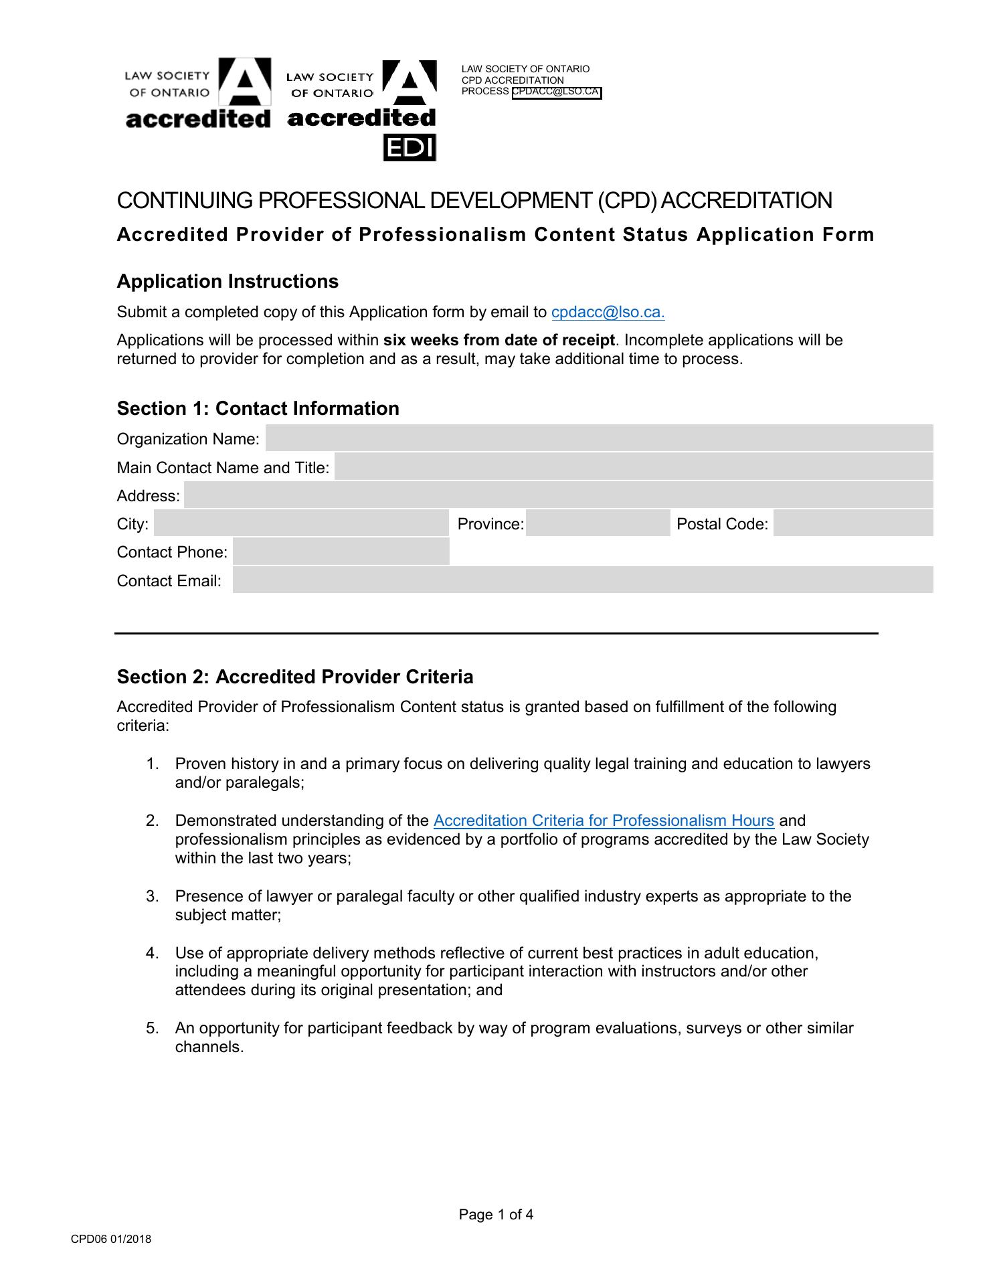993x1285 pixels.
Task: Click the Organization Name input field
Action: click(599, 438)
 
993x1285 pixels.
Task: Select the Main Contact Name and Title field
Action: click(633, 467)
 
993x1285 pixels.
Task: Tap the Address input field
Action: click(558, 495)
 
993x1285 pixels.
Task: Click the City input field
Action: click(301, 523)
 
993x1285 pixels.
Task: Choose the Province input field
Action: click(598, 523)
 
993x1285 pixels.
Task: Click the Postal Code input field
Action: click(852, 523)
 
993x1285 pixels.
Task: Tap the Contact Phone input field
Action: click(341, 551)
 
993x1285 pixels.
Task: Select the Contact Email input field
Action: click(582, 580)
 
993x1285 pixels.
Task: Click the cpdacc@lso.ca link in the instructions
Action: click(608, 313)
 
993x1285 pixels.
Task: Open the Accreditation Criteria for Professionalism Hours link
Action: click(604, 821)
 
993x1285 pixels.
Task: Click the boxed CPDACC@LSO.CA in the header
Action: click(557, 92)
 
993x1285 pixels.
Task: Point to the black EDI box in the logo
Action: click(409, 148)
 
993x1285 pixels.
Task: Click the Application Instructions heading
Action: click(228, 281)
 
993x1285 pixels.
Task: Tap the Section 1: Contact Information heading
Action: click(258, 408)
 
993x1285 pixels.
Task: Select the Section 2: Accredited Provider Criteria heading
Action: click(295, 677)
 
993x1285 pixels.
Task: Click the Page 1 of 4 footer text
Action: click(496, 1215)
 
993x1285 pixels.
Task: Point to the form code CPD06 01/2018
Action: click(111, 1239)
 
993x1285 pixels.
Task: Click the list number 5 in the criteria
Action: click(152, 1028)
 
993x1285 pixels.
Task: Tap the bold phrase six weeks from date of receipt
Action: click(499, 340)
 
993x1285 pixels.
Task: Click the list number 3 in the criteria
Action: click(152, 896)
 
